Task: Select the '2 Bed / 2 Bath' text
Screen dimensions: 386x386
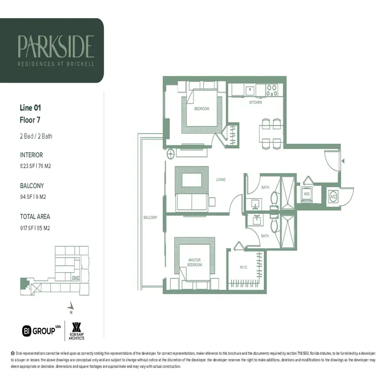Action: click(36, 136)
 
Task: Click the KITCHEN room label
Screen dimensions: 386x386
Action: click(255, 103)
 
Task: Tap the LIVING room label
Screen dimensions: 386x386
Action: click(221, 179)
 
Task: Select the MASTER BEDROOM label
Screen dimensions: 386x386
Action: click(194, 262)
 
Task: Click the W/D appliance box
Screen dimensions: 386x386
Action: click(306, 194)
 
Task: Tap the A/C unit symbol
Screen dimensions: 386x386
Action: click(333, 196)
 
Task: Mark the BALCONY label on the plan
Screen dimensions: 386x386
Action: click(150, 218)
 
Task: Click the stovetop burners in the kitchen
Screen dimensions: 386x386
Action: click(272, 90)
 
